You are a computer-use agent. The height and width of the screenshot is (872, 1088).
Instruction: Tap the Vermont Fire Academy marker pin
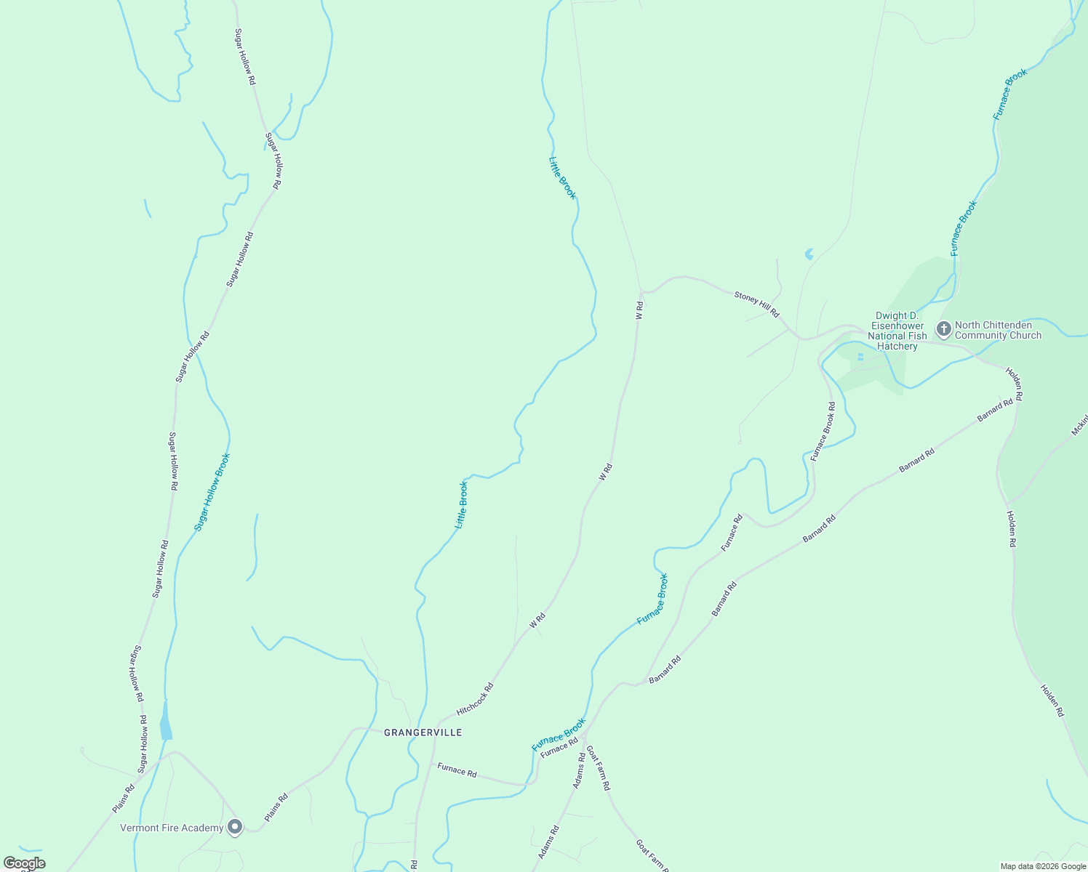[235, 827]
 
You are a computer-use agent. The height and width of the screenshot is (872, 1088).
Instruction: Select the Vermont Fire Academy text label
[172, 828]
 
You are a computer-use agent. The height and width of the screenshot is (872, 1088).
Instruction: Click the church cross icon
[943, 329]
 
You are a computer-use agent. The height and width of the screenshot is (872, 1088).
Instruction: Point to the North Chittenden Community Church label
[998, 331]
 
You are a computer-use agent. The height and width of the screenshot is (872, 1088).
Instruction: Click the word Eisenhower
[897, 326]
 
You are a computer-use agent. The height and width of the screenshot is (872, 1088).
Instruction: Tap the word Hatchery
[897, 346]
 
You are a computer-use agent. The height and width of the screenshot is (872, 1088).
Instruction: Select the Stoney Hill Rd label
[756, 304]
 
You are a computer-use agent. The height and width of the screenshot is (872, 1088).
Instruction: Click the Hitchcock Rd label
[475, 698]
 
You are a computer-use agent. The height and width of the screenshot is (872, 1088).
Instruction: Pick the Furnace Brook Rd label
[823, 432]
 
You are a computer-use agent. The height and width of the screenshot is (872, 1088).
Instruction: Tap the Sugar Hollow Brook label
[212, 492]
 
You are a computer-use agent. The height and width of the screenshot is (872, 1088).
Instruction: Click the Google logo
[24, 863]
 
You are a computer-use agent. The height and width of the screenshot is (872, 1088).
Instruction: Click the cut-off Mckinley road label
[1079, 426]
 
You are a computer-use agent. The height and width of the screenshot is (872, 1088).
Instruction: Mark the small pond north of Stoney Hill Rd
[809, 254]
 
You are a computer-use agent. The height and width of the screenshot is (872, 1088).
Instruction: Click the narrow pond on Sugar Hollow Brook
[166, 720]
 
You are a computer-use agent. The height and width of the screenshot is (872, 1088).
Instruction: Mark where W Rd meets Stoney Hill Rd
[641, 291]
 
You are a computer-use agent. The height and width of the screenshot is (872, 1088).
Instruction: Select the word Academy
[204, 828]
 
